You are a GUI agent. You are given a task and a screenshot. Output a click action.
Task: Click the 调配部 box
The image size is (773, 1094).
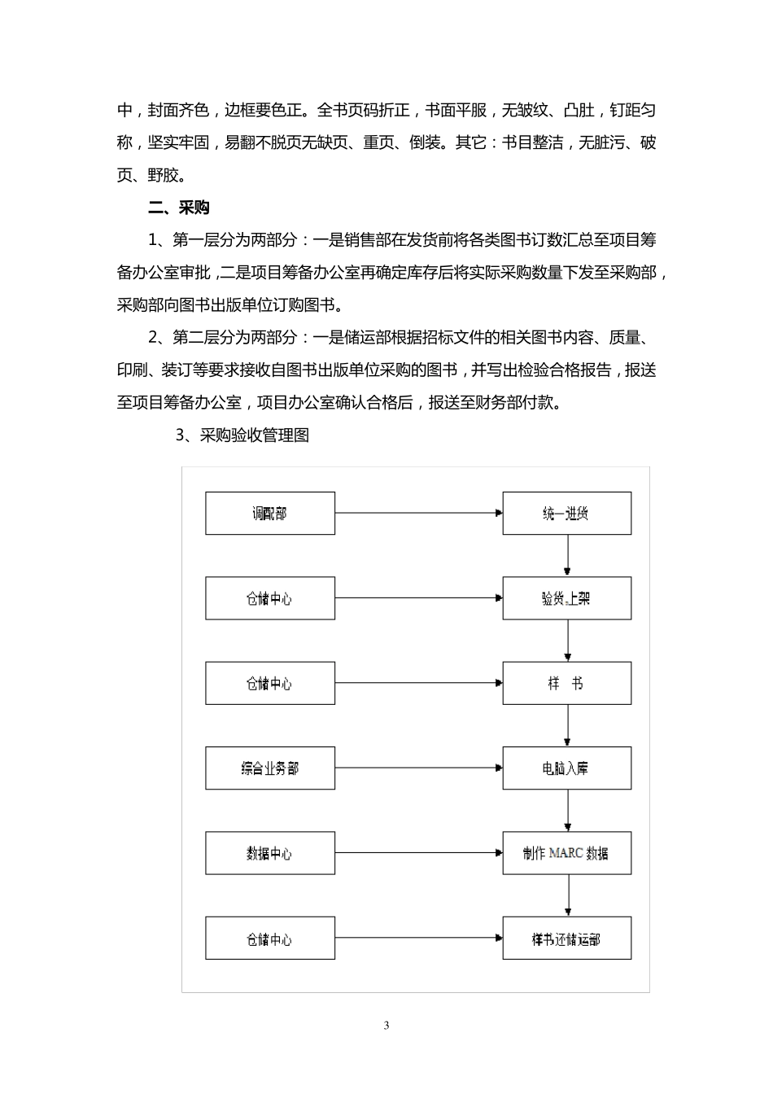pyautogui.click(x=269, y=514)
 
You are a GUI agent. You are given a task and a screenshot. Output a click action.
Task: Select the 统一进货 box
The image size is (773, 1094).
pyautogui.click(x=566, y=514)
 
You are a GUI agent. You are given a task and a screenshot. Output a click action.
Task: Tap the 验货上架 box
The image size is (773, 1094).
pyautogui.click(x=566, y=598)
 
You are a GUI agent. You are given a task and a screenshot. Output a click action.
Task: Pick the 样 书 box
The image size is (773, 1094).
pyautogui.click(x=566, y=684)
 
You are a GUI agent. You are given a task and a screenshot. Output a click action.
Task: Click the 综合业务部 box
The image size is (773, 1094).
pyautogui.click(x=269, y=768)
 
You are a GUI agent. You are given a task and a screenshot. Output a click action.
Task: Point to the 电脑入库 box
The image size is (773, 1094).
pyautogui.click(x=566, y=768)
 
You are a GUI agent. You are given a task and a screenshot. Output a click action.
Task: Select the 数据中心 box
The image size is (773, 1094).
pyautogui.click(x=269, y=853)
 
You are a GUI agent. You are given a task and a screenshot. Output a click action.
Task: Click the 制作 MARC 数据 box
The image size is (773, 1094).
pyautogui.click(x=566, y=853)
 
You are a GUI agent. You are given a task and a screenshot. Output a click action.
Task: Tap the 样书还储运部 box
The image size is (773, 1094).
pyautogui.click(x=566, y=939)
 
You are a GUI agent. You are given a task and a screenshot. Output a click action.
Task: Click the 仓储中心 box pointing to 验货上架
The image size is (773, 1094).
pyautogui.click(x=269, y=598)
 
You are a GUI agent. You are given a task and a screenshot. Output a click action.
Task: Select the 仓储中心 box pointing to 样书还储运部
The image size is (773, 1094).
pyautogui.click(x=269, y=939)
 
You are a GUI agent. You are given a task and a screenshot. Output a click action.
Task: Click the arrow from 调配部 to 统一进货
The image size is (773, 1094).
pyautogui.click(x=418, y=514)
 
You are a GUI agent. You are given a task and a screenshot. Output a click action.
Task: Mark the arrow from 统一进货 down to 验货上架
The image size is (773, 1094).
pyautogui.click(x=568, y=556)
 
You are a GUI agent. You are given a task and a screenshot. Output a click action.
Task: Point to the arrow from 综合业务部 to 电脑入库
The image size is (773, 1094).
pyautogui.click(x=418, y=768)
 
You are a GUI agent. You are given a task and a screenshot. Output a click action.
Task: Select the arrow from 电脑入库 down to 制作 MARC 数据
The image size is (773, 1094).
pyautogui.click(x=568, y=811)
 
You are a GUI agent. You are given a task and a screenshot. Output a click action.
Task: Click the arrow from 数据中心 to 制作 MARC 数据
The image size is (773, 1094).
pyautogui.click(x=418, y=853)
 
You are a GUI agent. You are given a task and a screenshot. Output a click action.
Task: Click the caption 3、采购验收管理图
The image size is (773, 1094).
pyautogui.click(x=242, y=435)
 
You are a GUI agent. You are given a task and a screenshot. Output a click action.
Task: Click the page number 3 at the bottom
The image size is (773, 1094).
pyautogui.click(x=386, y=1026)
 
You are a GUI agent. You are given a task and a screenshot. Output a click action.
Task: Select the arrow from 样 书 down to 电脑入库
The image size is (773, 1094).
pyautogui.click(x=568, y=726)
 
